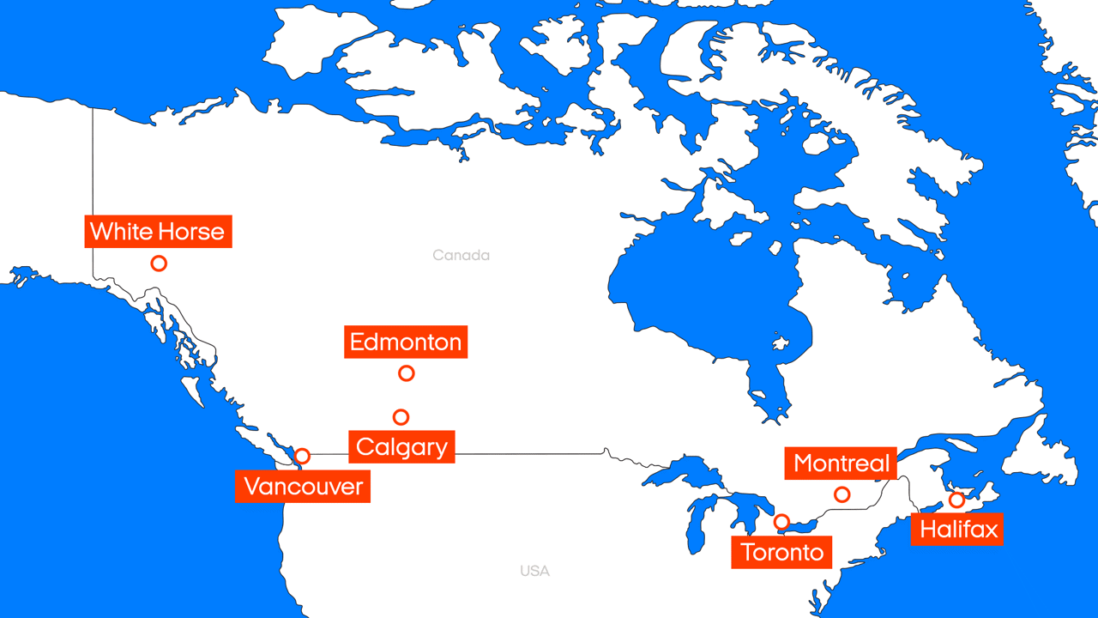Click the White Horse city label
coord(158,232)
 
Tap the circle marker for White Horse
coord(159,264)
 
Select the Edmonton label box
coord(406,342)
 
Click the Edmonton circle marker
coord(407,373)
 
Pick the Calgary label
coord(401,447)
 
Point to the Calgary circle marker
coord(401,417)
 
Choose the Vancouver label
coord(303,487)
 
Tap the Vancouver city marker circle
coord(302,456)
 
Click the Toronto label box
coord(782,552)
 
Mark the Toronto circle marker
coord(781,522)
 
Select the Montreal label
coord(842,463)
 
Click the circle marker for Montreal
coord(842,494)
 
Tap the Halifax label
coord(959,529)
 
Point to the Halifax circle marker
coord(956,500)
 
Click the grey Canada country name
coord(461,255)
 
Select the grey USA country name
coord(534,571)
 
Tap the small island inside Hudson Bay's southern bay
coord(779,344)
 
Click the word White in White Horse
coord(122,232)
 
